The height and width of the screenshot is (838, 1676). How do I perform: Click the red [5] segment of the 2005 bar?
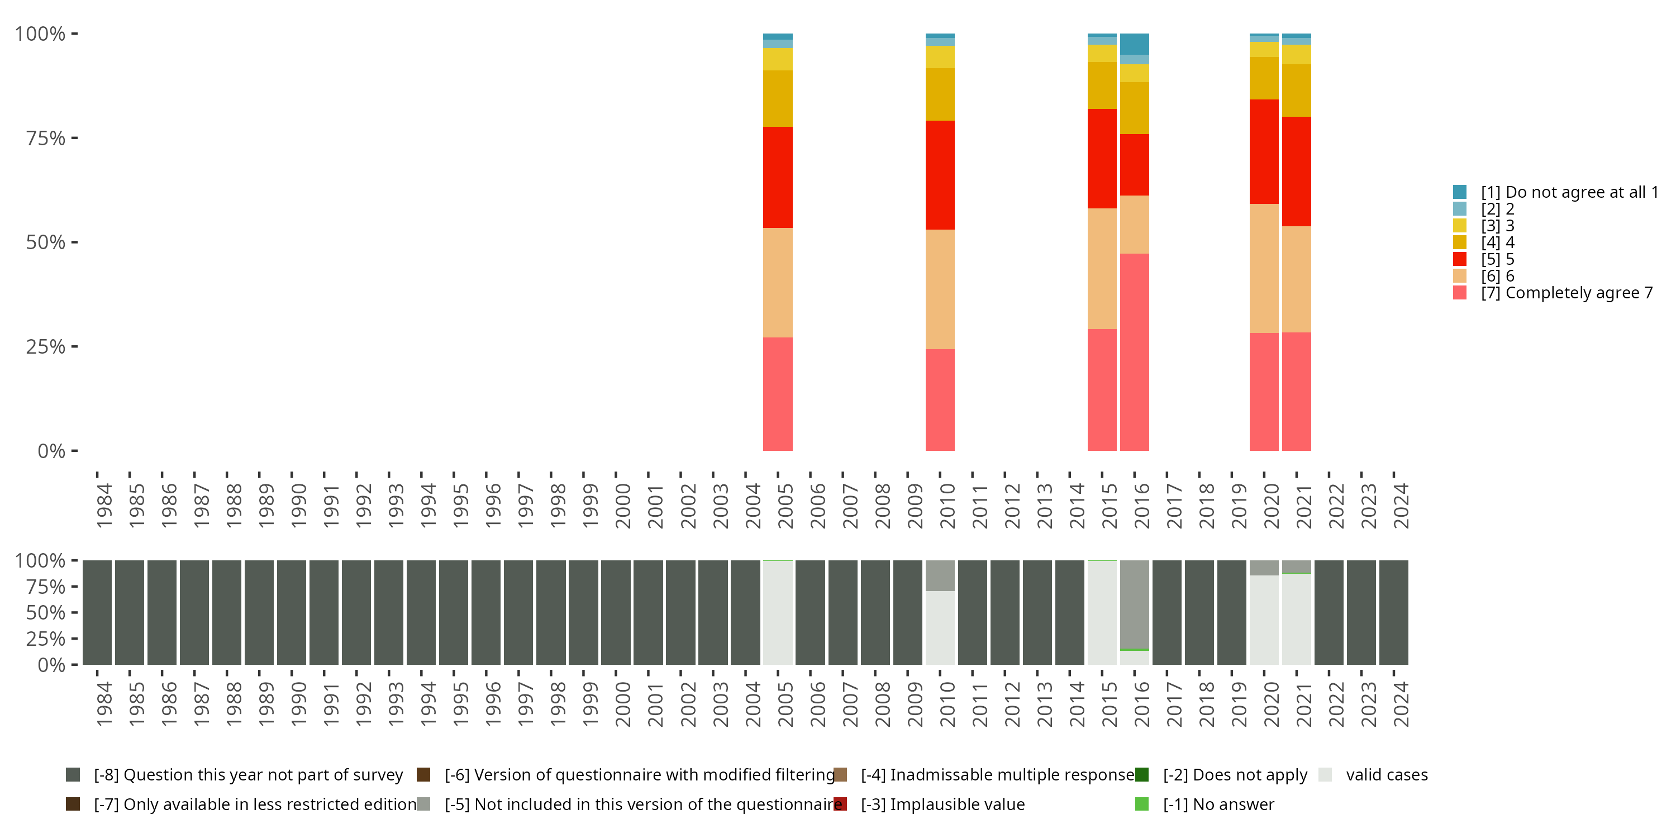[778, 177]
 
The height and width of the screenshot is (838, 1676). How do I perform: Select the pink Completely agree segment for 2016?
[1134, 352]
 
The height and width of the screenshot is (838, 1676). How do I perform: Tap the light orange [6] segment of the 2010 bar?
[940, 289]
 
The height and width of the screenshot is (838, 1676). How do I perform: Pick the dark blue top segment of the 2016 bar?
[1134, 44]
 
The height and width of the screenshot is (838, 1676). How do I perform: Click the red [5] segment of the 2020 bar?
[1264, 151]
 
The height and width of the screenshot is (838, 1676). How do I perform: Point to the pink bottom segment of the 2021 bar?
[1296, 391]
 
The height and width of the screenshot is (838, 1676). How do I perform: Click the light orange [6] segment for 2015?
[1102, 268]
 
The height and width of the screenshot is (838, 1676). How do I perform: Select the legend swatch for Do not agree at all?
[1459, 192]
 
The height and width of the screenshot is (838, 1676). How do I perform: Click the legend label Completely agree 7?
[1567, 293]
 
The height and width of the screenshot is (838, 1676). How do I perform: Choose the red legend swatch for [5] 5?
[1459, 259]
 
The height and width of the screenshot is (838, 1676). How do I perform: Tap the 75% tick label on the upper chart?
[46, 138]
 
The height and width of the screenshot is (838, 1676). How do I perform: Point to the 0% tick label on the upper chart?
[51, 451]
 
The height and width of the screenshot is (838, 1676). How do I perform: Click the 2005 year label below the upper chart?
[785, 506]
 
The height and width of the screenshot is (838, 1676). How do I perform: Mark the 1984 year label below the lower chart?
[104, 704]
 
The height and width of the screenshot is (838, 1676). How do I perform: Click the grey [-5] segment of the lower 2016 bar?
[1134, 604]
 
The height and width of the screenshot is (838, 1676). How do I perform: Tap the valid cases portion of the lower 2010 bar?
[940, 627]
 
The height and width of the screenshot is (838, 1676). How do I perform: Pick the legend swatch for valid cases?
[1325, 775]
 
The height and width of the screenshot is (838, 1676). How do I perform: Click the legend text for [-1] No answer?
[1218, 804]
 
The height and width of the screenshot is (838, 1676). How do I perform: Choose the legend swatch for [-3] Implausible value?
[840, 804]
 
